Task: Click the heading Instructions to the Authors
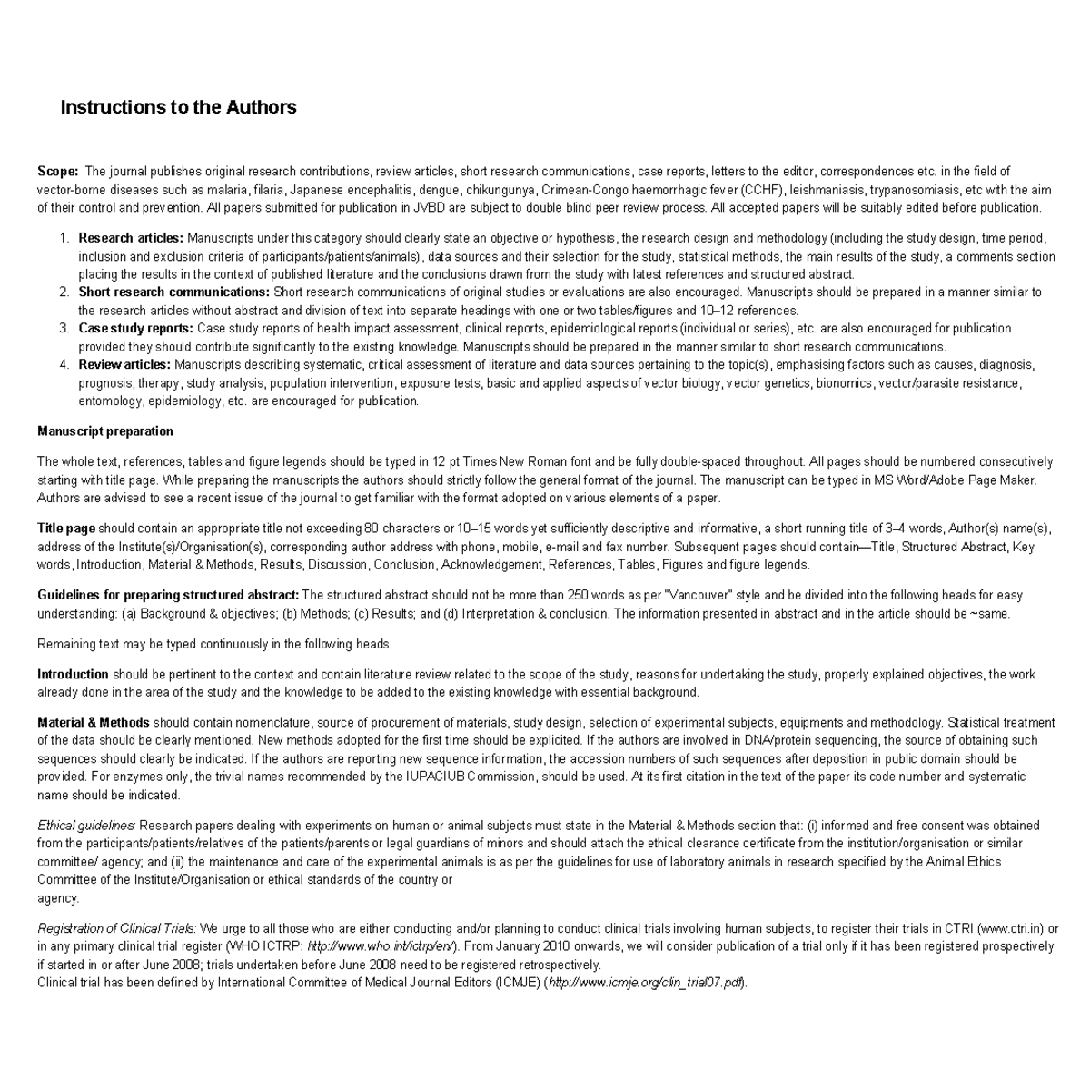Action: click(x=178, y=107)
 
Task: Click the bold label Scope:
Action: click(x=57, y=171)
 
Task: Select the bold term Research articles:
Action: click(x=131, y=238)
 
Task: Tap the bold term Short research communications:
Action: click(x=173, y=292)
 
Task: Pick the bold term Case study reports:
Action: click(x=135, y=328)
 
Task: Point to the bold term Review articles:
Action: click(x=124, y=364)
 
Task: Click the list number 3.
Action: click(x=64, y=328)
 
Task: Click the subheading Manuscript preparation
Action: click(x=104, y=431)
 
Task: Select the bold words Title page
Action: click(x=65, y=528)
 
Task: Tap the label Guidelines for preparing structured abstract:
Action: click(x=168, y=595)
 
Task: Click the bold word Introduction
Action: click(x=73, y=674)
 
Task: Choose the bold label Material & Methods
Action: click(x=93, y=722)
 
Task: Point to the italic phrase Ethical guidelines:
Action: click(x=86, y=826)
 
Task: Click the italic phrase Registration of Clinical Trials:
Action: click(x=116, y=928)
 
